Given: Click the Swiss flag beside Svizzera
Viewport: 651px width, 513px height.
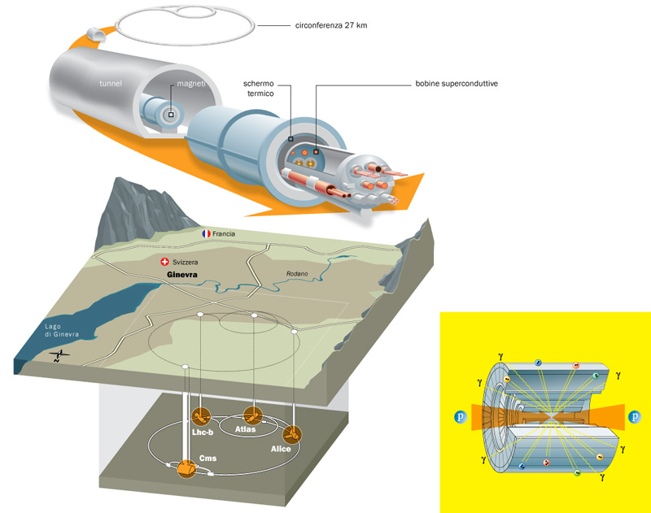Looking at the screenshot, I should (166, 262).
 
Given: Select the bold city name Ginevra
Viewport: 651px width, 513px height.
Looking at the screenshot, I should (179, 275).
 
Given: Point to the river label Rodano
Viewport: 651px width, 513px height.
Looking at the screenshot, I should (297, 274).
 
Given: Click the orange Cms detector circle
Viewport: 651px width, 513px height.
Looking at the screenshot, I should (187, 469).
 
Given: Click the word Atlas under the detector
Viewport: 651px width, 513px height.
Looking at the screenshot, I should (247, 429).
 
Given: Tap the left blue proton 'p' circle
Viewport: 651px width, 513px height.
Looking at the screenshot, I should (461, 418).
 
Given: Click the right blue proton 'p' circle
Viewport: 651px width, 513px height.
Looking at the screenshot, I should (634, 418).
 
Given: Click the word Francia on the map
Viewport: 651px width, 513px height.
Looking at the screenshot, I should (224, 234).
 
